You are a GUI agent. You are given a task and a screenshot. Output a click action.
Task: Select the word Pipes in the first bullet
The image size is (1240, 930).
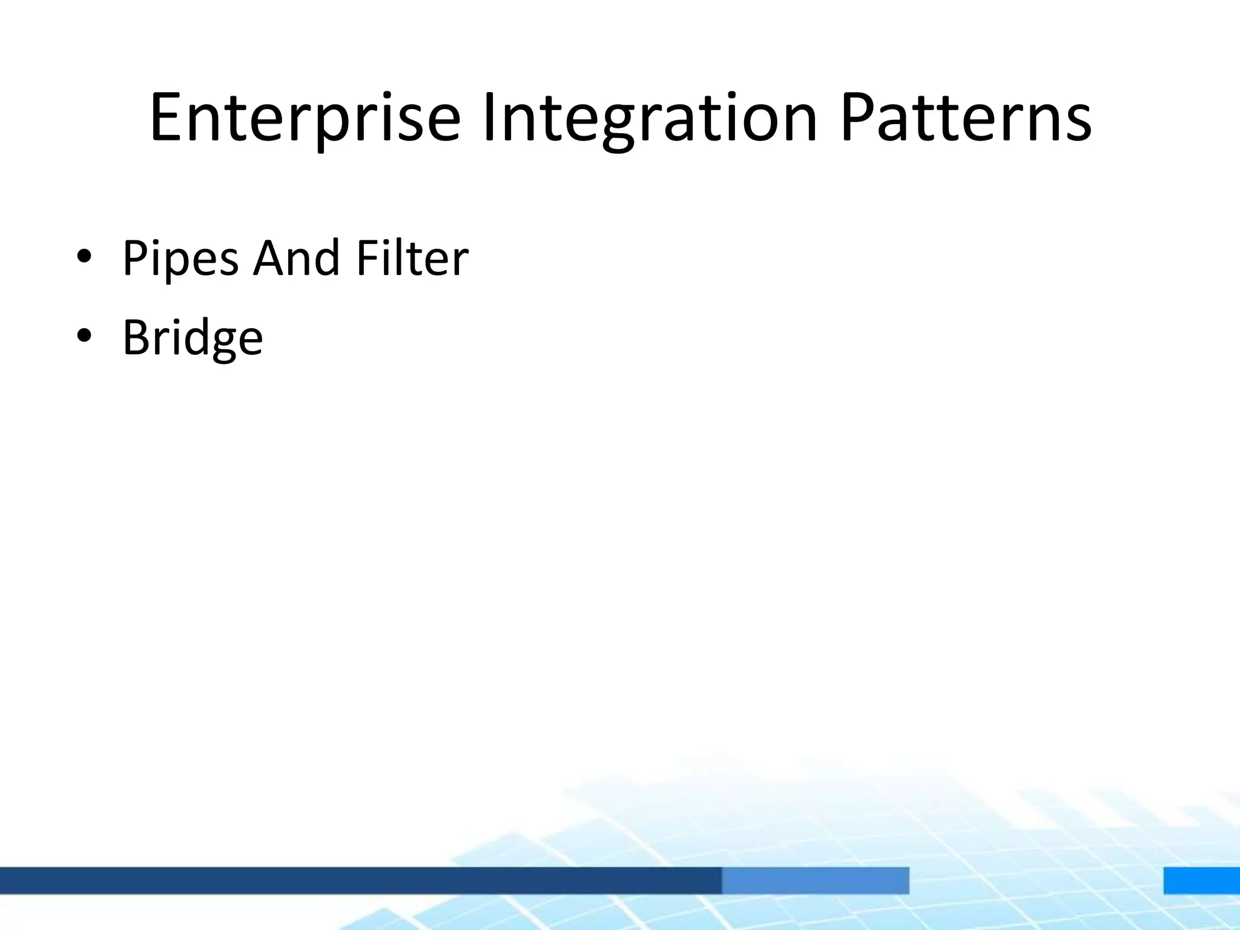[x=180, y=259]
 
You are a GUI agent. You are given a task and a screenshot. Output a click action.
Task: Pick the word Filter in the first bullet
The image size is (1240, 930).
[x=412, y=259]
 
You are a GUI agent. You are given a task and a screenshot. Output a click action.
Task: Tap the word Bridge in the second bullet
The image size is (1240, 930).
[x=193, y=337]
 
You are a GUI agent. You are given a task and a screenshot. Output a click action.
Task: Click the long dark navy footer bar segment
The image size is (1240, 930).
[x=360, y=880]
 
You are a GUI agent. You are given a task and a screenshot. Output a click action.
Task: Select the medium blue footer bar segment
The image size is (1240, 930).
[x=815, y=880]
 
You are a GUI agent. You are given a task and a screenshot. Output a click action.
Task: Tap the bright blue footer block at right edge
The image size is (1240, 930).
[x=1201, y=880]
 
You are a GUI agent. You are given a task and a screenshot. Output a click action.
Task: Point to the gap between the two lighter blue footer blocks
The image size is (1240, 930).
[x=1036, y=880]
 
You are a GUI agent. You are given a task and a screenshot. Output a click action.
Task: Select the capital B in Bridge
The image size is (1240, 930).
[x=136, y=337]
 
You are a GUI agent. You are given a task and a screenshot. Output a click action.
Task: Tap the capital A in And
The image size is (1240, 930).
[x=270, y=259]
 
